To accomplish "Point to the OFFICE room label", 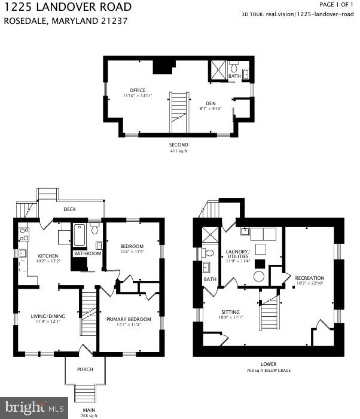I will click(x=138, y=90).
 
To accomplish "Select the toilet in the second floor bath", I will click(x=234, y=67).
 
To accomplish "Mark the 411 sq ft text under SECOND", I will click(x=178, y=151).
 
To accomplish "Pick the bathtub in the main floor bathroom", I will click(x=80, y=236).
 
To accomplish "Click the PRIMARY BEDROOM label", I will click(x=129, y=319).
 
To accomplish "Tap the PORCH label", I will click(x=85, y=369).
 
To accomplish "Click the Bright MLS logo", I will click(x=35, y=408).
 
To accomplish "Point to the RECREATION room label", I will click(x=309, y=278).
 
